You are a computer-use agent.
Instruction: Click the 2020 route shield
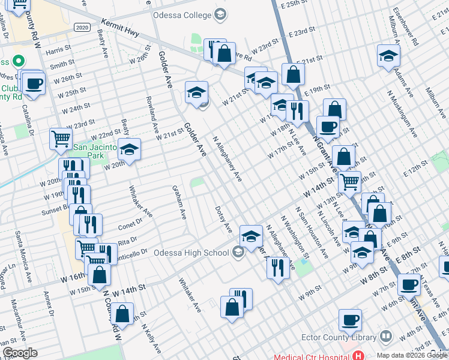(x=83, y=28)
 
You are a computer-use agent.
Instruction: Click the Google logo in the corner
(x=20, y=352)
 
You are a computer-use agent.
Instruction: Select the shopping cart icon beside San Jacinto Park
(x=61, y=139)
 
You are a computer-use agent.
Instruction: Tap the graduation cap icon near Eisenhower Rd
(x=389, y=56)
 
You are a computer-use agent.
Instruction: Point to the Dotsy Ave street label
(x=223, y=220)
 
